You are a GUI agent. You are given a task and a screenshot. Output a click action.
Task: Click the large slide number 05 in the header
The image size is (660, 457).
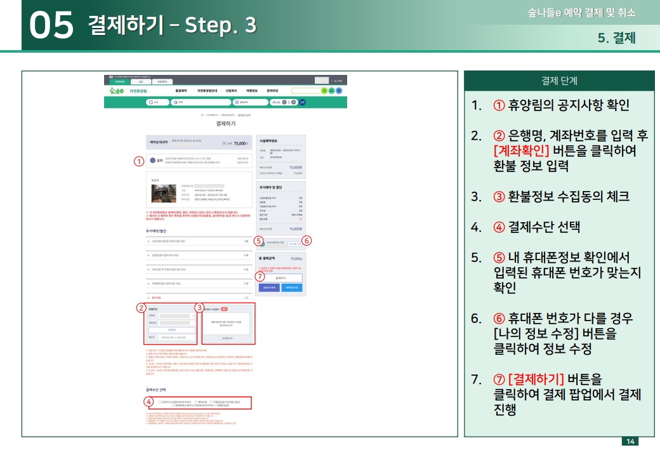51,25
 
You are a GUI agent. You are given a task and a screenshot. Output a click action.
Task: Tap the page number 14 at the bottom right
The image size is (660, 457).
630,441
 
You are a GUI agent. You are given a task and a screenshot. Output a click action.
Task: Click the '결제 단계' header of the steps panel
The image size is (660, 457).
559,81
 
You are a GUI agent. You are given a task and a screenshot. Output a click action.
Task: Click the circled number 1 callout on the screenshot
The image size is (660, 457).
139,161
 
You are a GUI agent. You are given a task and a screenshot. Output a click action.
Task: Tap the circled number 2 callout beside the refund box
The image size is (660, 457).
141,308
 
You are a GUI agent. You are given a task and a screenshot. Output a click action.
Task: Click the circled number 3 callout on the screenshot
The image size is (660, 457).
199,308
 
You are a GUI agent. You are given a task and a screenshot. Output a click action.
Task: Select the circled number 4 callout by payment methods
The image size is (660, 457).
148,402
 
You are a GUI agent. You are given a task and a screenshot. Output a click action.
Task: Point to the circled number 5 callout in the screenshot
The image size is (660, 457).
258,241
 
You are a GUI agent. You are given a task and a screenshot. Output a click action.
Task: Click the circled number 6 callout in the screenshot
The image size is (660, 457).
307,241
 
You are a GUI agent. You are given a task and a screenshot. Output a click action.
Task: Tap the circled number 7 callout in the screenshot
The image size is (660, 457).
260,276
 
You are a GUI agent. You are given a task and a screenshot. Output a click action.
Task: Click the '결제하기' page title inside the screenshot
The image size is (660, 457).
225,124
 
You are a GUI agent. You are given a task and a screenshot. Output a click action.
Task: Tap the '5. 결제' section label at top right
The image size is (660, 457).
616,38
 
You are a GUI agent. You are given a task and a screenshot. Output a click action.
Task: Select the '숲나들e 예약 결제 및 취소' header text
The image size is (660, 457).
581,13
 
